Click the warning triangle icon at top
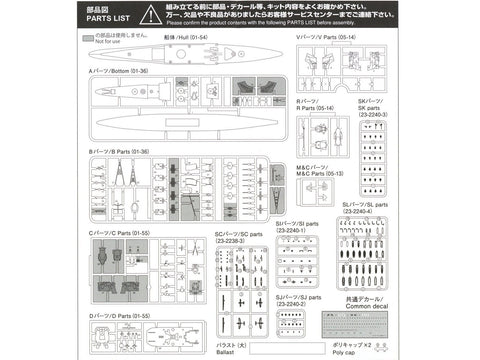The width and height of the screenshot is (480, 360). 148,13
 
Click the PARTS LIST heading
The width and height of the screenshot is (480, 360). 104,16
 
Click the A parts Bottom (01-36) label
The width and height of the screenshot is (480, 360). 119,72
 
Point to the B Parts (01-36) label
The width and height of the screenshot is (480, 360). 119,152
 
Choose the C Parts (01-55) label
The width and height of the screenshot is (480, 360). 119,233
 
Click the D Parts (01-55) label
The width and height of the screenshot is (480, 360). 119,316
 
